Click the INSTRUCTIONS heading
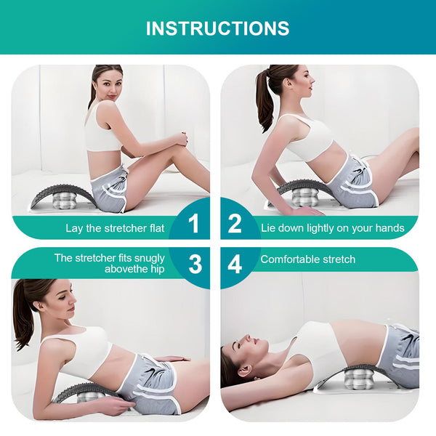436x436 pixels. point(217,28)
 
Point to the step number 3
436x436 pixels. point(195,264)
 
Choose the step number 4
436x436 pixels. point(235,264)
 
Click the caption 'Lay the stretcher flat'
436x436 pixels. point(115,228)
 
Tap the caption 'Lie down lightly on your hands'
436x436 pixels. point(332,228)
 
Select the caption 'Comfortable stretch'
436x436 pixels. point(307,259)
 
